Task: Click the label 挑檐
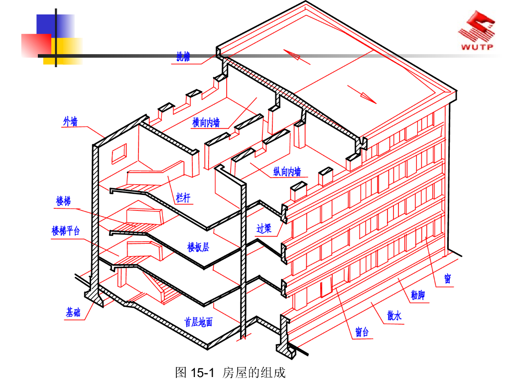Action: (x=183, y=57)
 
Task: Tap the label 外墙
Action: (x=70, y=121)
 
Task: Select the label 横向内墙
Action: (x=206, y=122)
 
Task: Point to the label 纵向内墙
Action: (x=287, y=172)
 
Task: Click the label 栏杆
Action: (x=183, y=197)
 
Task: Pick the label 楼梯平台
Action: (x=66, y=231)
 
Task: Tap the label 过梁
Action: (x=264, y=228)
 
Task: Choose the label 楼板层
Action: (x=198, y=247)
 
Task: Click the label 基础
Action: (x=73, y=312)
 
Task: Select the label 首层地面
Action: (x=198, y=322)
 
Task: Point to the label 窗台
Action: (x=362, y=332)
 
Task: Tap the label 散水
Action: (x=394, y=315)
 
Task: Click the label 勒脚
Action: (x=418, y=295)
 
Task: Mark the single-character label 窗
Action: (x=448, y=279)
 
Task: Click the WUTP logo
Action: (x=477, y=30)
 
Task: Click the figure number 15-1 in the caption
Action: (x=202, y=373)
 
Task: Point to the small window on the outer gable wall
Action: (x=119, y=153)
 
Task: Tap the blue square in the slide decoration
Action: (x=55, y=26)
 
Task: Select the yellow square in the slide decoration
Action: (x=63, y=51)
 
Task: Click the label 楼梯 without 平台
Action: (x=63, y=201)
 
